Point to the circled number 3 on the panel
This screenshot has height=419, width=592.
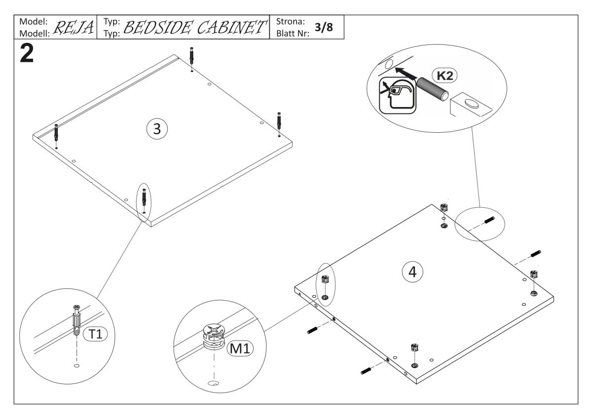coord(157,129)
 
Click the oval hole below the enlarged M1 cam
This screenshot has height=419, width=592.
coord(213,383)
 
